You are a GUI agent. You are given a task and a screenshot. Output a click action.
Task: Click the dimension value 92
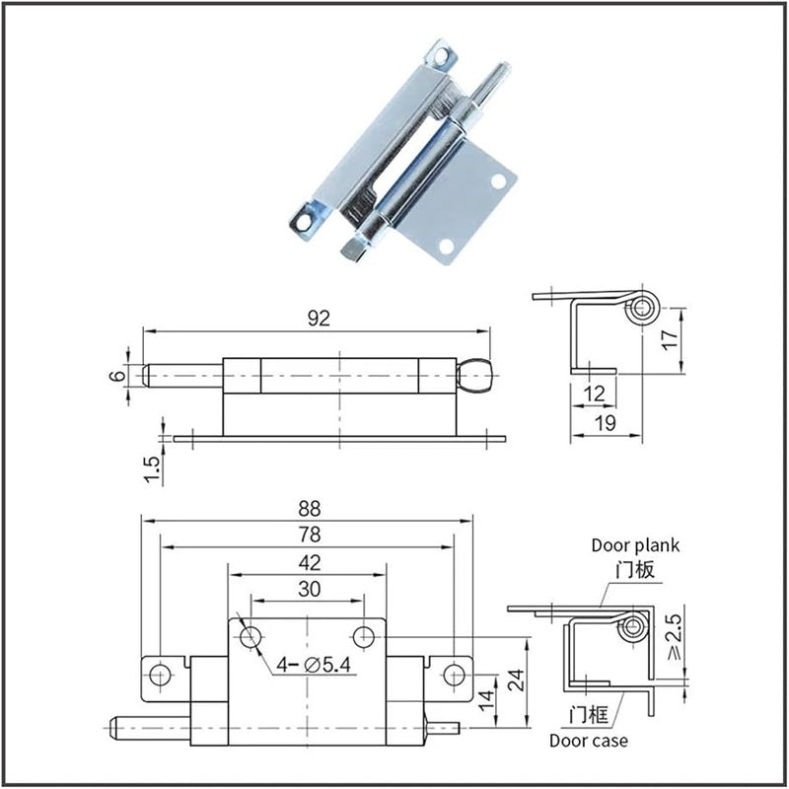pyautogui.click(x=318, y=318)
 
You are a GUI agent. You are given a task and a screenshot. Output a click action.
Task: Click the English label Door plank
pyautogui.click(x=635, y=544)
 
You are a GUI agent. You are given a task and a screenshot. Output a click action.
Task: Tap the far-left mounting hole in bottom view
pyautogui.click(x=158, y=674)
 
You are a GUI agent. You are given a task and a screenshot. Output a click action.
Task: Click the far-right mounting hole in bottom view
pyautogui.click(x=454, y=674)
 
